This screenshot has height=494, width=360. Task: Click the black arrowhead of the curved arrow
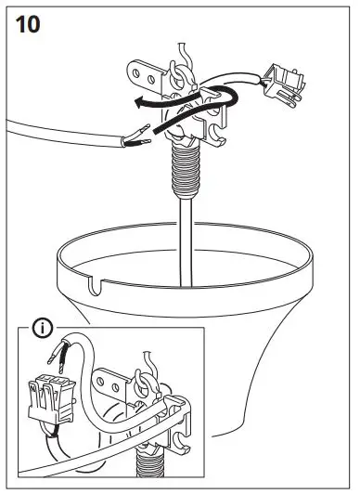click(x=137, y=105)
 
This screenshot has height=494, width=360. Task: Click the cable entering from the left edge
click(x=46, y=128)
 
